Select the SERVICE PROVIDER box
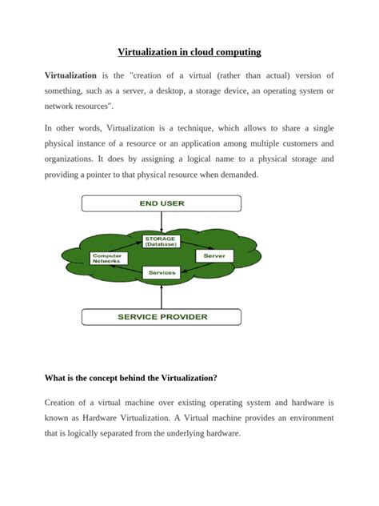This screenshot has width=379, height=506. [x=162, y=316]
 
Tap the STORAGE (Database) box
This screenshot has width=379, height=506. [x=162, y=241]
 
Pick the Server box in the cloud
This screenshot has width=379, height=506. [x=213, y=255]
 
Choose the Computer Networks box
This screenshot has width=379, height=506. [x=107, y=258]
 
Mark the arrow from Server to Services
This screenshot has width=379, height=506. [x=197, y=267]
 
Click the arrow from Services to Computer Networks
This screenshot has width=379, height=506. [x=128, y=270]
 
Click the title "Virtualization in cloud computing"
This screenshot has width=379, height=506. [x=189, y=52]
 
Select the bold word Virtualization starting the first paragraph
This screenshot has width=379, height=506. [x=70, y=75]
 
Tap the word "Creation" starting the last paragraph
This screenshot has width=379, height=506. [x=63, y=402]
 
